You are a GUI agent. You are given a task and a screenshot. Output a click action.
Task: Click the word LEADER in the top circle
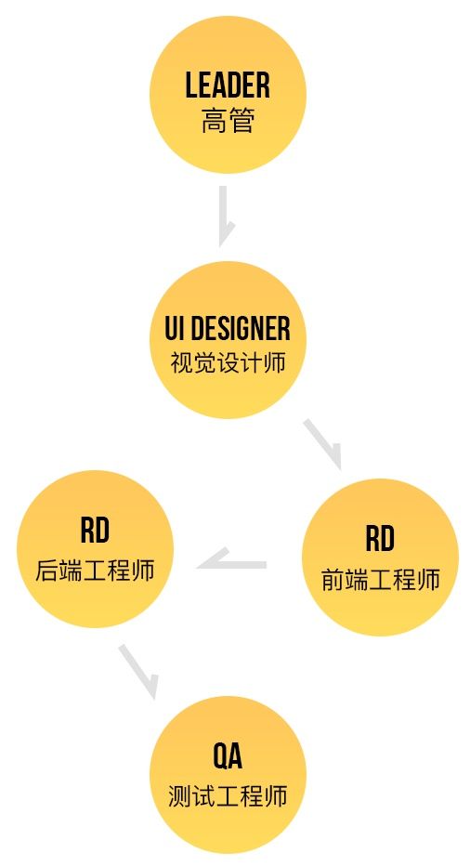pyautogui.click(x=228, y=85)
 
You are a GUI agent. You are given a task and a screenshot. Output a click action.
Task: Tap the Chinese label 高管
pyautogui.click(x=228, y=121)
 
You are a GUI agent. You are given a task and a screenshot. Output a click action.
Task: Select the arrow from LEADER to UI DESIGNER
pyautogui.click(x=224, y=216)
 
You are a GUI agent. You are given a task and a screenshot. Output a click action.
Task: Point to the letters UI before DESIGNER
pyautogui.click(x=175, y=329)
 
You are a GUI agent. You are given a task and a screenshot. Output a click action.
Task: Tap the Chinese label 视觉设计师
pyautogui.click(x=228, y=363)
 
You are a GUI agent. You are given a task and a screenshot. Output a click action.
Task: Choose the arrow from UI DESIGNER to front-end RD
pyautogui.click(x=323, y=444)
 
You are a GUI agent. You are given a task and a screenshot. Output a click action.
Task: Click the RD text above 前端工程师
pyautogui.click(x=380, y=539)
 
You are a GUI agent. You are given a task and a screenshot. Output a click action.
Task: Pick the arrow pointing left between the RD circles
pyautogui.click(x=232, y=562)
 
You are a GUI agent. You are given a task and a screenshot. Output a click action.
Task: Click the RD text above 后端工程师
pyautogui.click(x=95, y=531)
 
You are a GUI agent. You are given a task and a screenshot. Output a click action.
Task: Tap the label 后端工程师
pyautogui.click(x=95, y=571)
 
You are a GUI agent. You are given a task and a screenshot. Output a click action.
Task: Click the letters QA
pyautogui.click(x=228, y=756)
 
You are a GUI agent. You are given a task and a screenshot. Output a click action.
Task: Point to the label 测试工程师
pyautogui.click(x=228, y=796)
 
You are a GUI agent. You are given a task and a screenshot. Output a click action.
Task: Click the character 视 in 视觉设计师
pyautogui.click(x=180, y=363)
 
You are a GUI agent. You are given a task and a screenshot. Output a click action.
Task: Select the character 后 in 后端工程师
pyautogui.click(x=47, y=571)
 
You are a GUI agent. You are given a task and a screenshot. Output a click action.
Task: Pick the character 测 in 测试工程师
pyautogui.click(x=179, y=796)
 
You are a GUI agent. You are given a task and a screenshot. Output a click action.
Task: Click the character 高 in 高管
pyautogui.click(x=214, y=121)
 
